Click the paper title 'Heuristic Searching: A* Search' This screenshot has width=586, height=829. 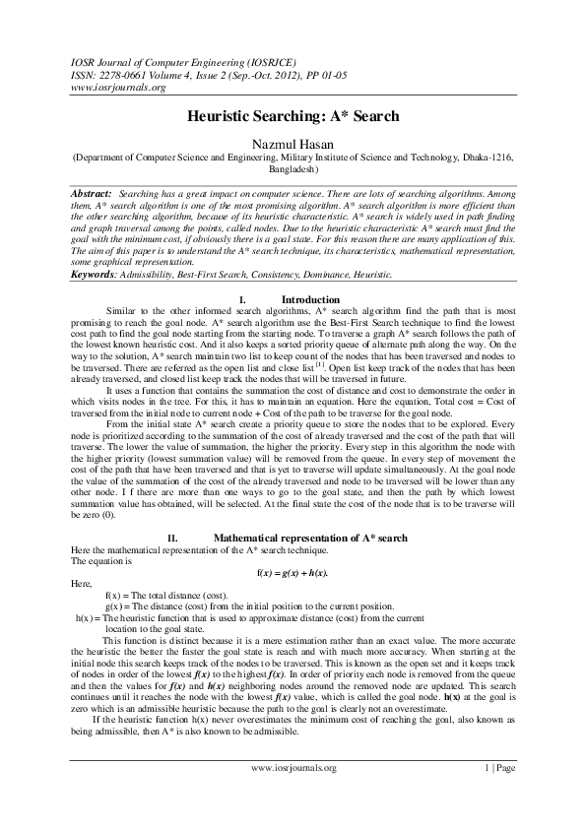click(x=293, y=116)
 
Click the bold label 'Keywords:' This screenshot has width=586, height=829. click(x=96, y=277)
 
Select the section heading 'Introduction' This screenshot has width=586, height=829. click(x=310, y=299)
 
